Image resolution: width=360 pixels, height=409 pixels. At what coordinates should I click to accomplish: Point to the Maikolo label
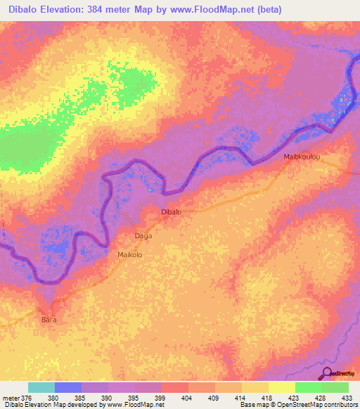(130, 255)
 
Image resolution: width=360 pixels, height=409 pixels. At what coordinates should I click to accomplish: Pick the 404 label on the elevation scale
(188, 398)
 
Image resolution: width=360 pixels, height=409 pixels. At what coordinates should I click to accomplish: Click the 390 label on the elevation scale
(108, 398)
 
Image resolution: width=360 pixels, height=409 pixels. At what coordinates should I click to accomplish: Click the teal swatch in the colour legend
(41, 387)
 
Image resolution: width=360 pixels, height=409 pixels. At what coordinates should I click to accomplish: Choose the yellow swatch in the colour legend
(281, 387)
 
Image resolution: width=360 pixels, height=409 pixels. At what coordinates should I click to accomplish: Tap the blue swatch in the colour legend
(68, 387)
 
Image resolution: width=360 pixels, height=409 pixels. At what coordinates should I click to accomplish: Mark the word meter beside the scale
(11, 398)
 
